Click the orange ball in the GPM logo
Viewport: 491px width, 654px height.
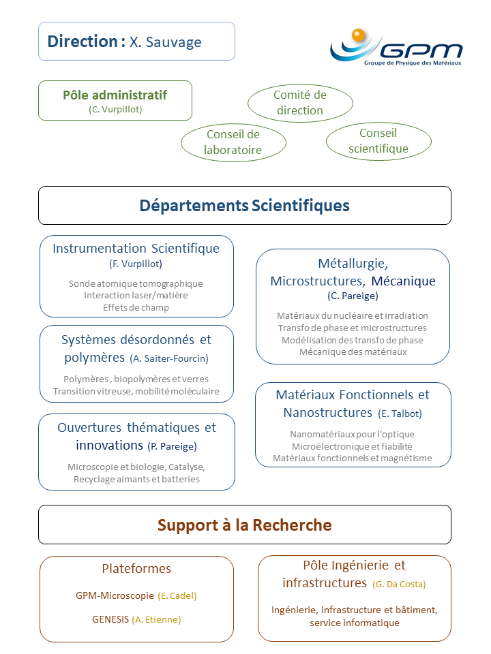point(358,35)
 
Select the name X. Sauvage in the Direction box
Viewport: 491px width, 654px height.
point(165,42)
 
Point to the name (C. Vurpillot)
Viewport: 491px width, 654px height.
point(115,109)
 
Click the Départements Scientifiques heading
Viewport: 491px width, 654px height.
point(245,206)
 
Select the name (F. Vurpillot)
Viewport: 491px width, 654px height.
point(136,264)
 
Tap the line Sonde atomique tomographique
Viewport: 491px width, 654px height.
point(136,283)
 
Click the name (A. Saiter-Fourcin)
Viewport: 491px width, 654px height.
point(169,358)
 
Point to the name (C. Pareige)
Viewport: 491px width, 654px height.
point(353,296)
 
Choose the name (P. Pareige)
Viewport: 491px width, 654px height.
point(172,446)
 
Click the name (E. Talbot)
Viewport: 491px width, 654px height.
point(400,414)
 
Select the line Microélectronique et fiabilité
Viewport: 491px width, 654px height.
point(352,446)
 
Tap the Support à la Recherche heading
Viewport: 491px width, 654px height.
point(245,525)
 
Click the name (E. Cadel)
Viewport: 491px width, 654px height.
point(177,595)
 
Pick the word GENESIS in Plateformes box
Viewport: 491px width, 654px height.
point(110,619)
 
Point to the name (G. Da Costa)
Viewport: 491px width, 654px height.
point(399,584)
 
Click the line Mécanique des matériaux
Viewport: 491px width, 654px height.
point(353,352)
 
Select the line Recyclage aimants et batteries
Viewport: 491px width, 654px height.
point(136,479)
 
